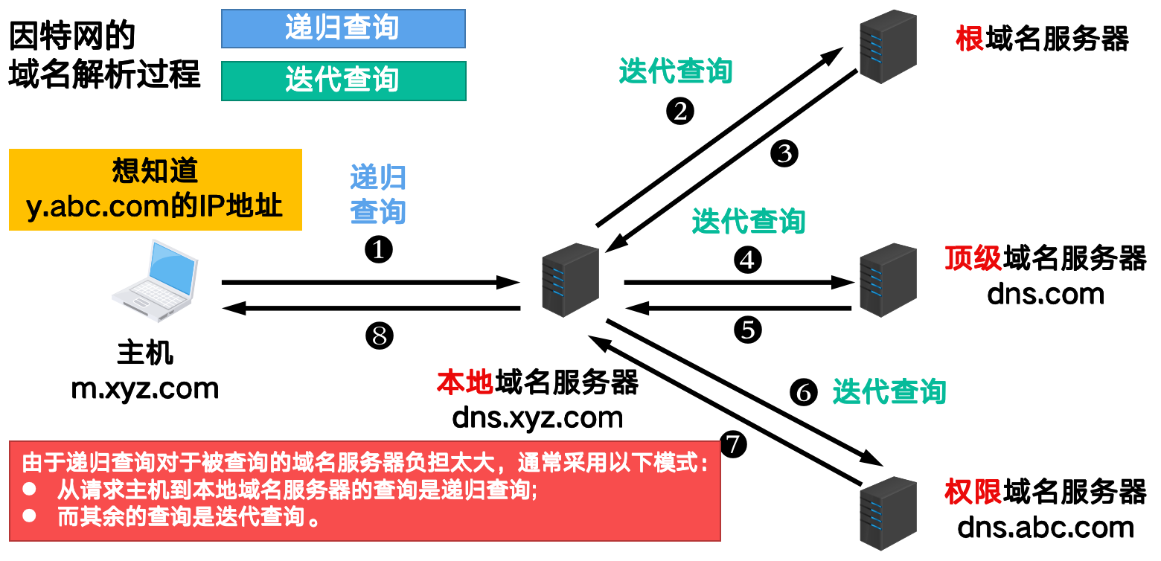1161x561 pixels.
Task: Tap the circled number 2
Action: click(679, 112)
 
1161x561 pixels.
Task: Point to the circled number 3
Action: click(784, 153)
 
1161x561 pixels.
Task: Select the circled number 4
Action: click(748, 260)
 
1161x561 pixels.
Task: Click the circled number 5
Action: click(748, 330)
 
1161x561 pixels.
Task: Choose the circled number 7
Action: click(734, 444)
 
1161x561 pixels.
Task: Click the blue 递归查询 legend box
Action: click(343, 28)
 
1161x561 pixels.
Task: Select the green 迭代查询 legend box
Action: click(343, 80)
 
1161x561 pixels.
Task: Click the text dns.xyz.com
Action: click(537, 417)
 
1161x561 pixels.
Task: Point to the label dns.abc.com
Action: click(1045, 528)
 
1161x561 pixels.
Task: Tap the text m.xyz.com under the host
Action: click(145, 388)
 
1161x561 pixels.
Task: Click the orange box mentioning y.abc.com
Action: click(156, 189)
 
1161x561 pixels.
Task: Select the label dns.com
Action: click(1045, 295)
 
